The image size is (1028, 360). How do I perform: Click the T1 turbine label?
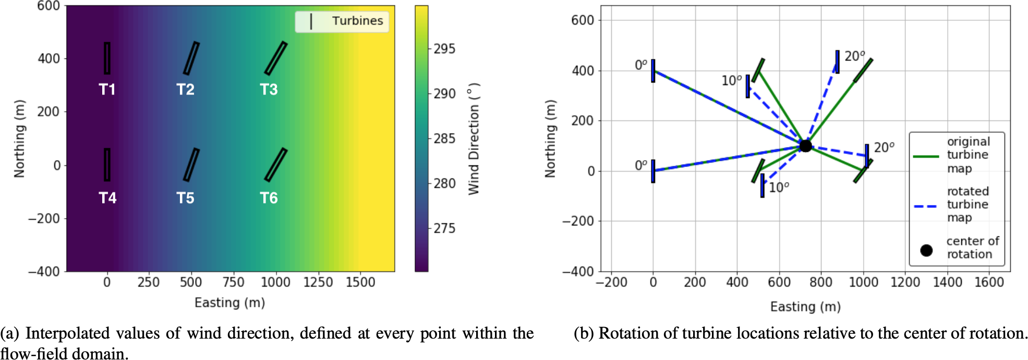click(107, 90)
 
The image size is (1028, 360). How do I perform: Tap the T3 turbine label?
click(269, 90)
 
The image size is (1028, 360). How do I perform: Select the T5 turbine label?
click(185, 198)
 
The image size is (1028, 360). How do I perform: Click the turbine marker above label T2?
click(191, 58)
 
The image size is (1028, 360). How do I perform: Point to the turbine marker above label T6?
click(275, 165)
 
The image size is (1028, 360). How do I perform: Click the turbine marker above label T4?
click(107, 165)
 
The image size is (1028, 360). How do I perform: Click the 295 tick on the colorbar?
click(444, 49)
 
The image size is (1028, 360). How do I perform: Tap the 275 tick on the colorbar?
click(444, 229)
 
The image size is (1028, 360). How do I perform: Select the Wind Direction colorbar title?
click(474, 139)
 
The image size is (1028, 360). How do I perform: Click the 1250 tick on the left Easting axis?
click(318, 282)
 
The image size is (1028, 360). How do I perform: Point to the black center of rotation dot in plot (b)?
click(805, 146)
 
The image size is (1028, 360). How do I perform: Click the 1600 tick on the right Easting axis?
click(989, 282)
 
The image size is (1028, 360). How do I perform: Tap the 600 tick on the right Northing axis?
click(583, 20)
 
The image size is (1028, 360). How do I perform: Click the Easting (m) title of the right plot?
click(805, 307)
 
